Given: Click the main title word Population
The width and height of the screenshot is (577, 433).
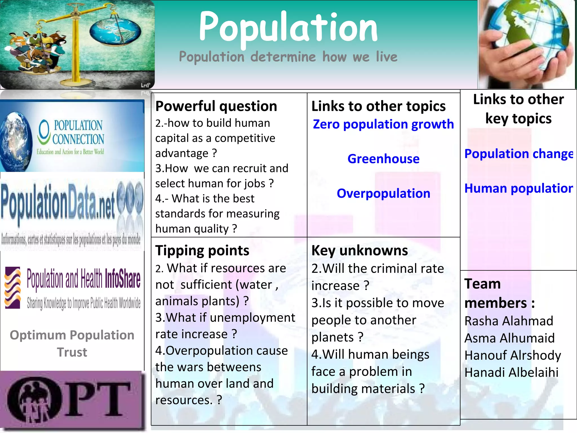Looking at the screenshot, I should [288, 28].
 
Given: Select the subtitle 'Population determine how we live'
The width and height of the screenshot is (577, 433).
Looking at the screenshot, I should [288, 57].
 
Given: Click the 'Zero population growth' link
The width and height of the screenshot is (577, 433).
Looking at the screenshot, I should [383, 124].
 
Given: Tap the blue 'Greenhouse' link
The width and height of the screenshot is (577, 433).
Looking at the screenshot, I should [383, 159].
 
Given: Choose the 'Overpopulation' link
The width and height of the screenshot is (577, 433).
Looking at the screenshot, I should [383, 193].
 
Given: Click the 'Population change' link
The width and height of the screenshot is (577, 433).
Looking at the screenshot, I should [518, 154].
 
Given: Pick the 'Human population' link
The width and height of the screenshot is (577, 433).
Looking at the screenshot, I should [518, 188].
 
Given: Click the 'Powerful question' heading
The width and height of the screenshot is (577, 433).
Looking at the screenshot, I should [216, 106].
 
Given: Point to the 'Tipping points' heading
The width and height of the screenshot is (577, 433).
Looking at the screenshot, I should [202, 250].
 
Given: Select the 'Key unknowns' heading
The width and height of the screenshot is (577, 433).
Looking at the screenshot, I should [359, 250].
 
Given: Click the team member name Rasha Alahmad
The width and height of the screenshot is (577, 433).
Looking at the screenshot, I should [509, 321].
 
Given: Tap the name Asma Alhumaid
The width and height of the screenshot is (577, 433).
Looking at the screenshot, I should [509, 338].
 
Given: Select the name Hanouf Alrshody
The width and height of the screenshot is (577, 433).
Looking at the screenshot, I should [512, 355].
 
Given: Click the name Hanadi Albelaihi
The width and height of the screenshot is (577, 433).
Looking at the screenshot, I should [511, 372].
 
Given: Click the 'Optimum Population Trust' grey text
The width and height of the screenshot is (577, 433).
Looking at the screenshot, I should [72, 343].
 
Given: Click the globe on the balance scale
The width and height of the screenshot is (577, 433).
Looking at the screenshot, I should [115, 31].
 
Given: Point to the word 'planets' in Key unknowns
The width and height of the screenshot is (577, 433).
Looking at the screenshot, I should [332, 337].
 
